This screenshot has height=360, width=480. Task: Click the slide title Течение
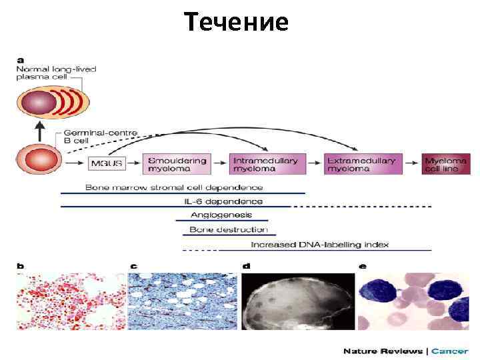236,22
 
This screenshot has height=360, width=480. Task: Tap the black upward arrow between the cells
39,131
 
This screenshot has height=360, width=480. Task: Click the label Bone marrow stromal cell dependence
174,187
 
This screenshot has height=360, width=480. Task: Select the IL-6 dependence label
223,201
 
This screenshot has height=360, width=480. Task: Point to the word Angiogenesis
221,215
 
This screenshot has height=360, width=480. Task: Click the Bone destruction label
228,229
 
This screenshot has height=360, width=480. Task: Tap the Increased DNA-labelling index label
319,245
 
